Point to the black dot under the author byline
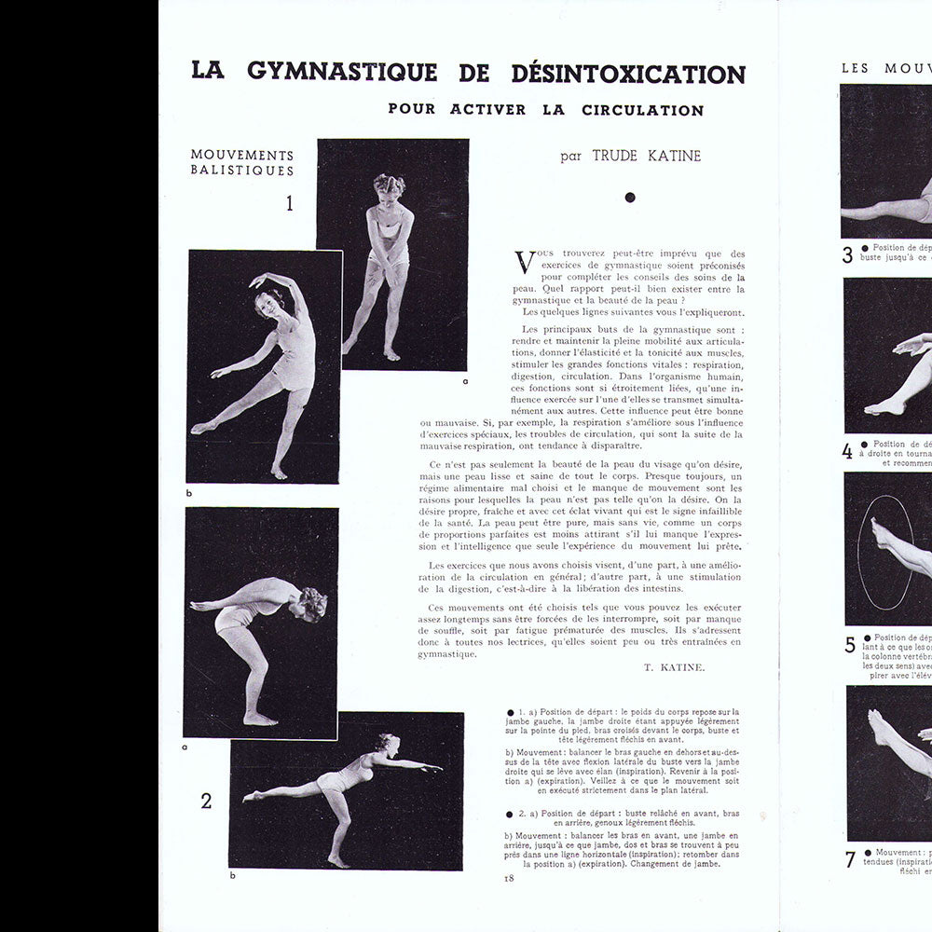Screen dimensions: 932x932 pos(630,197)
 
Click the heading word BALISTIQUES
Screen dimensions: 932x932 pos(242,171)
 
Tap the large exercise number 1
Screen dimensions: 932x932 pos(289,202)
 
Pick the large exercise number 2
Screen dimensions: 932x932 pos(206,801)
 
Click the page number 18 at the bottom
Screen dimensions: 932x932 pos(509,878)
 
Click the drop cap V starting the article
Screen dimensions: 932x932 pos(525,262)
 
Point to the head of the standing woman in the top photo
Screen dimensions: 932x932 pos(389,185)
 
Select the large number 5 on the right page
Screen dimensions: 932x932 pos(850,645)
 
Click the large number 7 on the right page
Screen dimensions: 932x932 pos(850,858)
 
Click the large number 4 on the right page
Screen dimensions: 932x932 pos(847,452)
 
